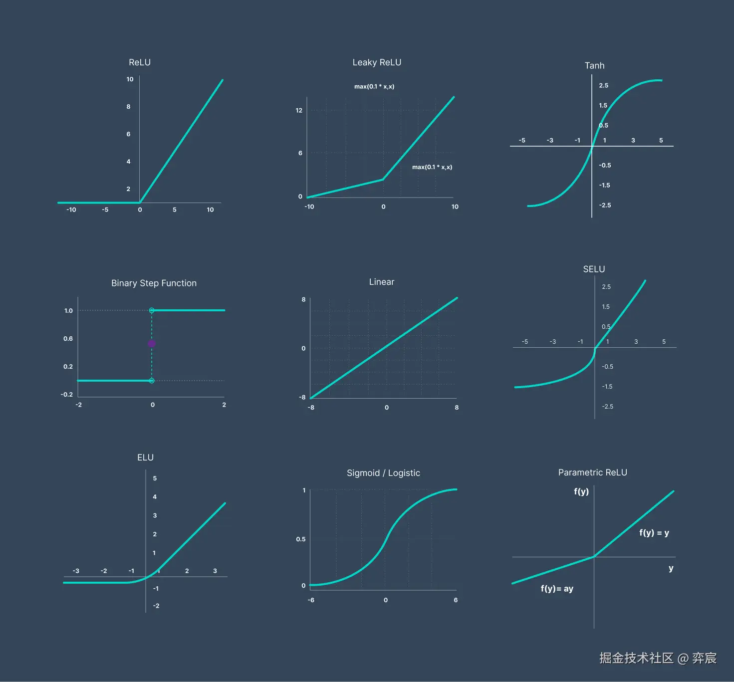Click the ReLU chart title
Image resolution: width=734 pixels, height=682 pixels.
pos(140,62)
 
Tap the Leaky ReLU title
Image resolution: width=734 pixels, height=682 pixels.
pos(377,62)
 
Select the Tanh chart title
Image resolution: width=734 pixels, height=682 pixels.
pos(594,65)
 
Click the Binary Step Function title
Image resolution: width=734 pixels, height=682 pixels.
pos(154,283)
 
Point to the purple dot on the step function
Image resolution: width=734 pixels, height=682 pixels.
pos(152,344)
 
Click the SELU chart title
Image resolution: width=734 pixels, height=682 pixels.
pos(594,269)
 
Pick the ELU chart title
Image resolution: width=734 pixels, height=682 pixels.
pos(145,457)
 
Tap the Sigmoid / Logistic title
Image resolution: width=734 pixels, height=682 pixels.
pos(383,473)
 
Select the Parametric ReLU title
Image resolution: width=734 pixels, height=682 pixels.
pos(592,472)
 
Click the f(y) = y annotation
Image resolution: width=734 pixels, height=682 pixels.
pos(654,533)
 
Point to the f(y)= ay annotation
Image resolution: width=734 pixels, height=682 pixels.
pos(557,589)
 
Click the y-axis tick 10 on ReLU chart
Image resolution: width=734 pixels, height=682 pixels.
pos(130,79)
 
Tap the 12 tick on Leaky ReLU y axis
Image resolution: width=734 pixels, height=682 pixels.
pos(299,110)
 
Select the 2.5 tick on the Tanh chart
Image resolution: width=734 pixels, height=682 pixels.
pos(604,85)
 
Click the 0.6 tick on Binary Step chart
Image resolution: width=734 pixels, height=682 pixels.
pos(68,339)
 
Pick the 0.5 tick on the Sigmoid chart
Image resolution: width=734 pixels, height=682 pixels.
pos(300,539)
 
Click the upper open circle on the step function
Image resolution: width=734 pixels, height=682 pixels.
pos(152,310)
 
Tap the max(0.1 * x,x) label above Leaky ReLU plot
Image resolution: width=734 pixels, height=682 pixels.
pos(374,86)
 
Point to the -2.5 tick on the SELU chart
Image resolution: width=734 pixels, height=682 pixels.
pos(607,407)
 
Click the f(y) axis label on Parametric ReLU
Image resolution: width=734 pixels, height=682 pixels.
pos(581,491)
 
